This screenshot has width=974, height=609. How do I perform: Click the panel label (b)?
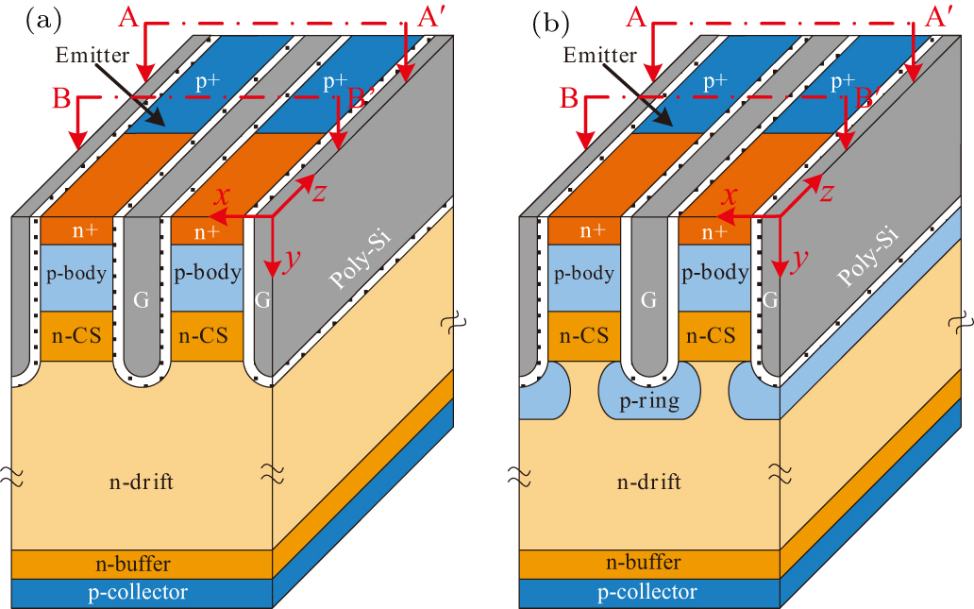point(551,21)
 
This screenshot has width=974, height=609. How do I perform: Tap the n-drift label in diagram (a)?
point(142,482)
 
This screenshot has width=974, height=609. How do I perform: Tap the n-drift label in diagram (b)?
point(649,482)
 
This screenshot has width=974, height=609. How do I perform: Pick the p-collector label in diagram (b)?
point(649,593)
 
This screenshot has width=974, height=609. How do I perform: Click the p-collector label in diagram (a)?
point(141,593)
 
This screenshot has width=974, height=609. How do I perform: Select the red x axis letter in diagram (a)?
point(223,195)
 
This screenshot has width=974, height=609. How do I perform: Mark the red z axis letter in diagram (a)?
point(320,192)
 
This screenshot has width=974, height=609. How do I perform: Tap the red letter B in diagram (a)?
point(62,98)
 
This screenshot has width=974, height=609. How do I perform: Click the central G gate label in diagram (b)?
point(648,301)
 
